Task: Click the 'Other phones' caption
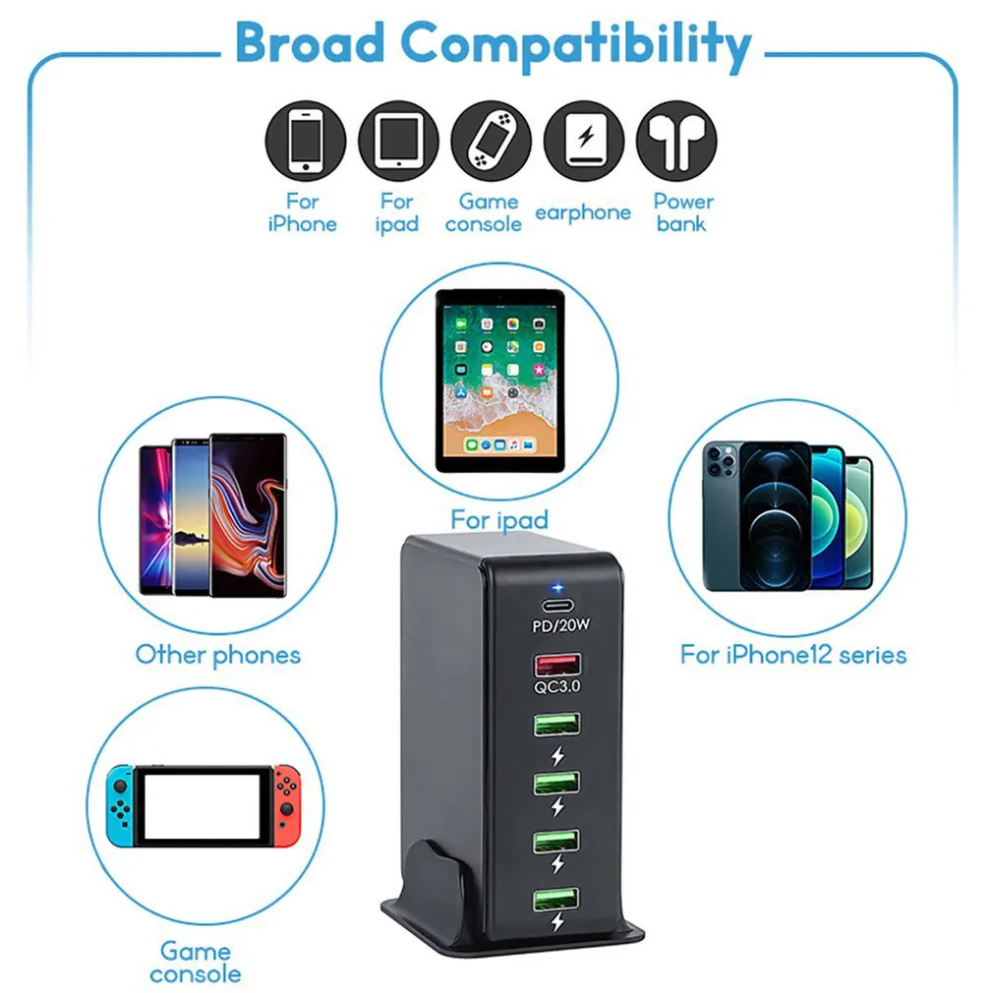coord(217,655)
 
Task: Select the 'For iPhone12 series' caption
coord(793,655)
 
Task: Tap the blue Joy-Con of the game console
coord(120,803)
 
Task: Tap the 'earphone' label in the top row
coord(583,212)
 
